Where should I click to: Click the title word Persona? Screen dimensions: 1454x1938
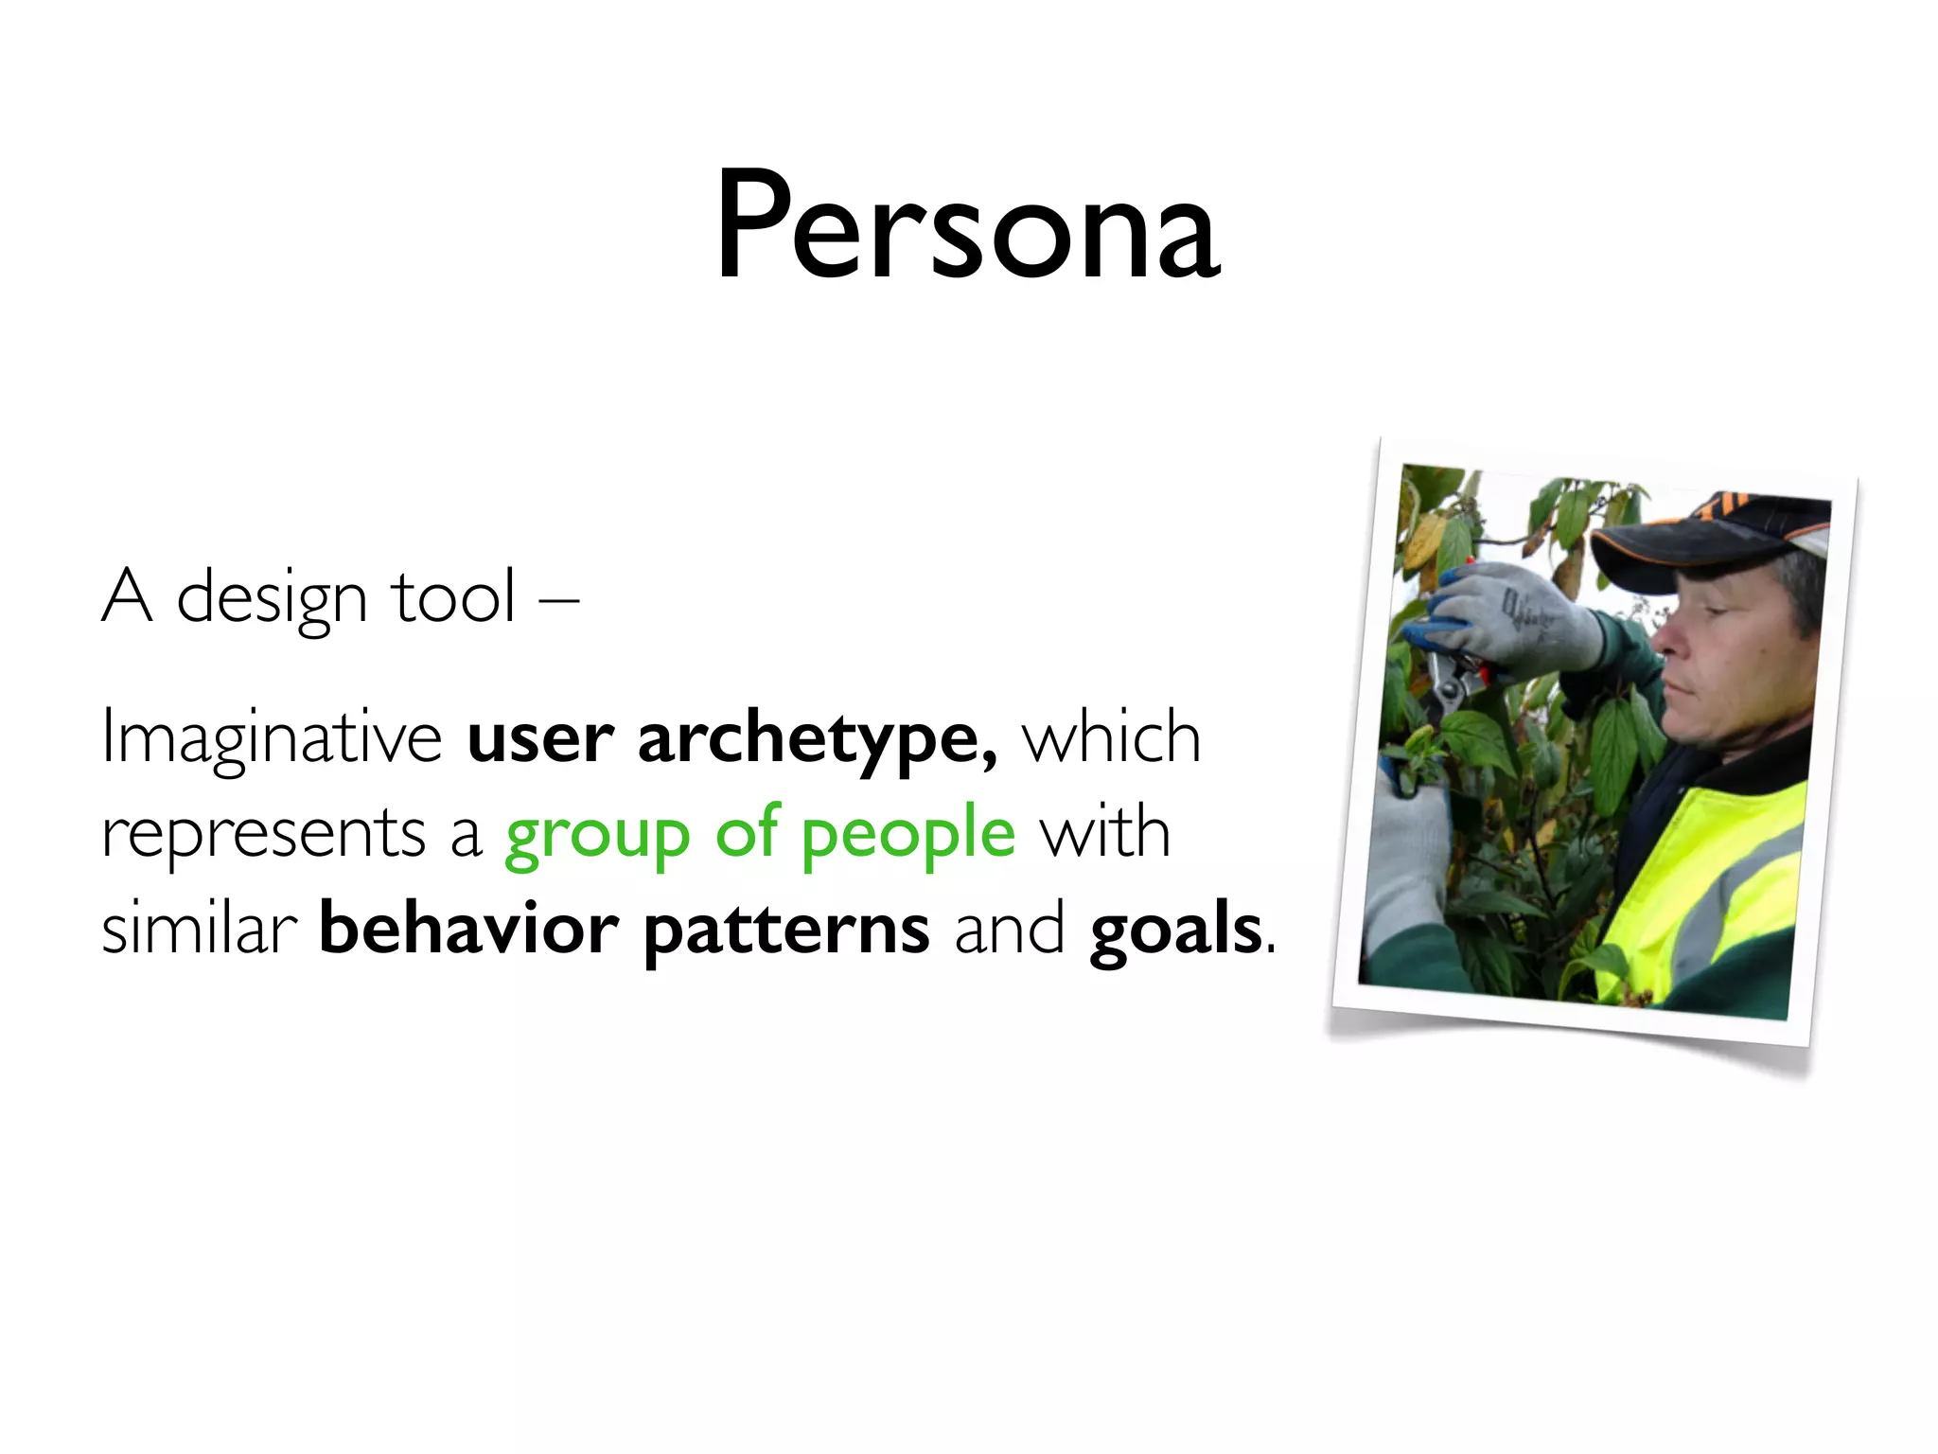pyautogui.click(x=967, y=227)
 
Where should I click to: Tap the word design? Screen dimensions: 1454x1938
pyautogui.click(x=272, y=600)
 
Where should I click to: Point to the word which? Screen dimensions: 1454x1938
pyautogui.click(x=1111, y=738)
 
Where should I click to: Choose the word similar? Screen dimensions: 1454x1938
pyautogui.click(x=199, y=929)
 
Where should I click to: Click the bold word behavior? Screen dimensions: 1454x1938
pyautogui.click(x=469, y=929)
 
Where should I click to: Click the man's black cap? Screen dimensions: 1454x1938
pyautogui.click(x=1703, y=540)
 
